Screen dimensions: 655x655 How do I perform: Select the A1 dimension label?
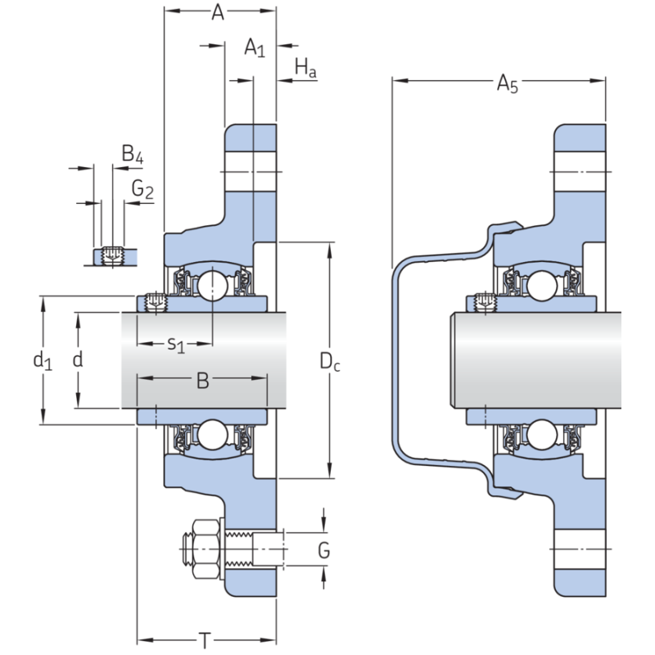[x=255, y=48]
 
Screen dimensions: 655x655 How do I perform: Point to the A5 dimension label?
[x=507, y=82]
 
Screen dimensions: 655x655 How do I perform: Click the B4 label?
[x=132, y=153]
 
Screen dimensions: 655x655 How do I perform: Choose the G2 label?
[x=142, y=191]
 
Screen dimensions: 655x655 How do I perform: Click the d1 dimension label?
[x=42, y=360]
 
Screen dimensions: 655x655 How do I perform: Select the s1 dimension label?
[x=176, y=344]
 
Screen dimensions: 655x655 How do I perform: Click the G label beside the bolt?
[x=324, y=550]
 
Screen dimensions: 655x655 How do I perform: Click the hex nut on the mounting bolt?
[x=202, y=546]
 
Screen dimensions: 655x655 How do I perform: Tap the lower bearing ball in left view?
[x=212, y=434]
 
